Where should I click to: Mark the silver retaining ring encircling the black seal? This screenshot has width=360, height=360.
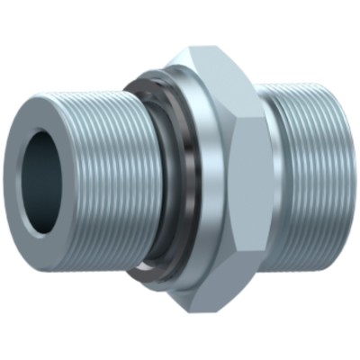[x=171, y=180]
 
